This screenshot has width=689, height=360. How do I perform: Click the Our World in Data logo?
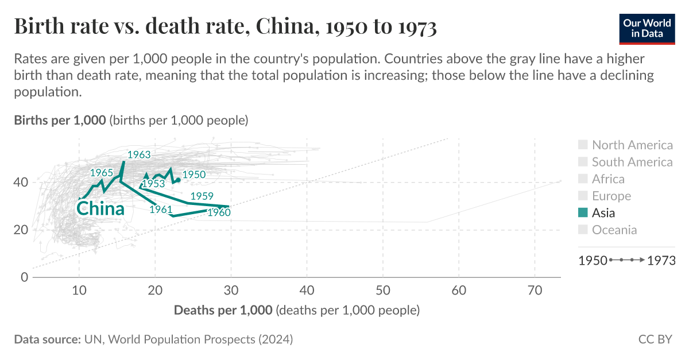647,27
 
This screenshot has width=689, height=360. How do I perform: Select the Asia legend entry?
603,213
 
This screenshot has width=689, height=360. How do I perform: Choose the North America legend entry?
632,145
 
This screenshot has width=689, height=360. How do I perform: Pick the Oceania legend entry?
614,230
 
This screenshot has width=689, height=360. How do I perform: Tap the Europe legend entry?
611,196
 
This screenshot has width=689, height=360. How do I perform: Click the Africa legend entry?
607,179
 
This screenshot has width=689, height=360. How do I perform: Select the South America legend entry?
632,162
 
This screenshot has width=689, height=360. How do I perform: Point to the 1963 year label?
139,155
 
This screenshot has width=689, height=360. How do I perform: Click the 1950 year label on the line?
194,175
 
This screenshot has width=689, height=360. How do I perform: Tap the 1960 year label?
219,213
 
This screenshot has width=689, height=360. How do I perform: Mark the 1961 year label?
161,210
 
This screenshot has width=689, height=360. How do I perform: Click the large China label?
100,209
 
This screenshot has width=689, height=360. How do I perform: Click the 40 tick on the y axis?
21,183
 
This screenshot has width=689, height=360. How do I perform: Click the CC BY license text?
655,339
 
